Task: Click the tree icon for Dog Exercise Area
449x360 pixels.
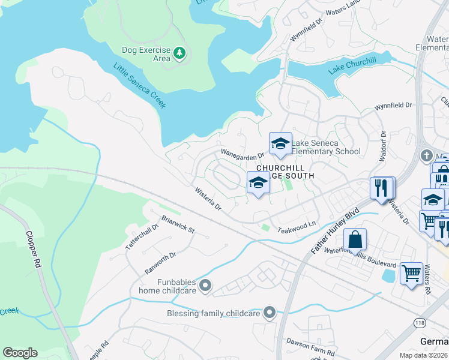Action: coord(179,54)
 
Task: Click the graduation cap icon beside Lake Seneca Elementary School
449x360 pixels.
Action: coord(280,143)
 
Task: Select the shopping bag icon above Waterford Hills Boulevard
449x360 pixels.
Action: coord(355,239)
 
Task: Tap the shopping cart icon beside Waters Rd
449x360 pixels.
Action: coord(411,274)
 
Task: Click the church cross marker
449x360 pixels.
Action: coord(427,155)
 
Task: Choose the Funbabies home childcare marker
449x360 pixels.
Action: coord(206,286)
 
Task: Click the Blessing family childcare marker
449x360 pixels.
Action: coord(270,312)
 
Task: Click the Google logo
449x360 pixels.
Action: coord(20,352)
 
